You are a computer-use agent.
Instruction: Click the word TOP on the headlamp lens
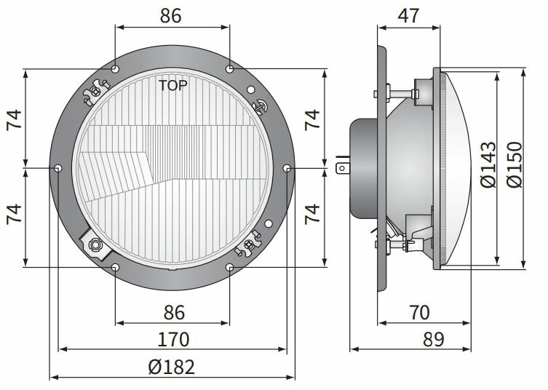pos(173,85)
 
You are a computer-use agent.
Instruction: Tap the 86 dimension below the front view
pos(172,313)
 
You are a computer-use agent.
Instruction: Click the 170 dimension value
pos(172,339)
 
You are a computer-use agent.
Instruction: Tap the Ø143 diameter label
pos(488,166)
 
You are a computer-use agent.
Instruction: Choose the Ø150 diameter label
pos(515,166)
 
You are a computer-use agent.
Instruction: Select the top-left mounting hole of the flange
pos(116,70)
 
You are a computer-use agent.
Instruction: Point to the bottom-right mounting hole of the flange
pos(230,268)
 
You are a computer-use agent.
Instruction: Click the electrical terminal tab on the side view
pos(341,167)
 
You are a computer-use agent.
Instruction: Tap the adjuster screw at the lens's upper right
pos(258,104)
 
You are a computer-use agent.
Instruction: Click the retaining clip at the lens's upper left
pos(95,92)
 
